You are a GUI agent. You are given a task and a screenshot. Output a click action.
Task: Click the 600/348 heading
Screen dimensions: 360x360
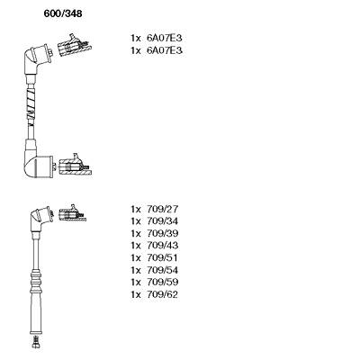63,13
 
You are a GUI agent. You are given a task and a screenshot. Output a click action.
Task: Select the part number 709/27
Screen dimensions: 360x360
163,209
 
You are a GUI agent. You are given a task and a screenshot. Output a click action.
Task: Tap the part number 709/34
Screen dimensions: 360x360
163,221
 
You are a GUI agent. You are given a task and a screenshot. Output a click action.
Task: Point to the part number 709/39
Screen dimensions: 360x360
163,233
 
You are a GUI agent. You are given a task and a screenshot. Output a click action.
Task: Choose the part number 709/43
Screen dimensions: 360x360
163,246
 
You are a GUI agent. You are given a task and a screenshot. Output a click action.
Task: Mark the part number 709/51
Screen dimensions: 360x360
163,257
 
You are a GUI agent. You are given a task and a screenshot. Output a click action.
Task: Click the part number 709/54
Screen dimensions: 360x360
163,270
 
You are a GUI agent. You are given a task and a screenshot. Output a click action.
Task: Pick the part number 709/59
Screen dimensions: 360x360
163,282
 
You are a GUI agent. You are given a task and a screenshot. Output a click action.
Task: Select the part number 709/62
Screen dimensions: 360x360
163,294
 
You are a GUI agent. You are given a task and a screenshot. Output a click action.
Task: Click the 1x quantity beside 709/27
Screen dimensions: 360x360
136,209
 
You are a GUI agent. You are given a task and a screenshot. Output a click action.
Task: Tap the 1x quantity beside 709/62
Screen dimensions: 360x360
136,294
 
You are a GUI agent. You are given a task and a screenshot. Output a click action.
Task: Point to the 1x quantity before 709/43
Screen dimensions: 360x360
136,246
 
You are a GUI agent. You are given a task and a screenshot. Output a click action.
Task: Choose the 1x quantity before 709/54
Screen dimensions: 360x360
136,270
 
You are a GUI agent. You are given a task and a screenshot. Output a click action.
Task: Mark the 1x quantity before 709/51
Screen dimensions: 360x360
136,257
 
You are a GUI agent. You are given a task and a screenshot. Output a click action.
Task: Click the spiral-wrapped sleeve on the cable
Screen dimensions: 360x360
31,104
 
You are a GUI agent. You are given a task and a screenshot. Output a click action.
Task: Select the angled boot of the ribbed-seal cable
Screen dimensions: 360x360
40,219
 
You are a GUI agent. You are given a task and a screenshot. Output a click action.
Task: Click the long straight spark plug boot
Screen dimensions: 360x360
36,313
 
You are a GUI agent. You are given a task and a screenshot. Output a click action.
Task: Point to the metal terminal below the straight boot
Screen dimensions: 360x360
36,341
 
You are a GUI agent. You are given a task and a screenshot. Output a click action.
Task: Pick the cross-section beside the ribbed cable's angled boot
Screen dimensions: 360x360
72,213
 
